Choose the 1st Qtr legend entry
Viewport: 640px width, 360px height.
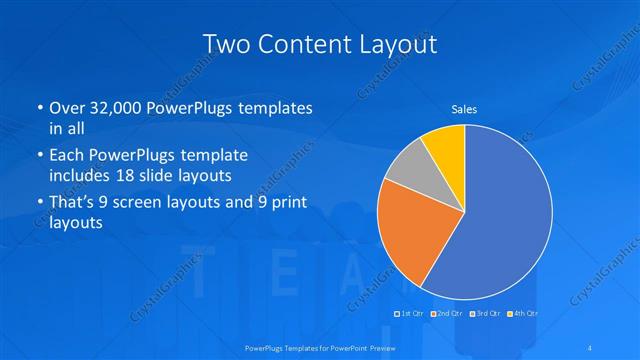(408, 314)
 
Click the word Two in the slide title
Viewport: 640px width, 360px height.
(225, 44)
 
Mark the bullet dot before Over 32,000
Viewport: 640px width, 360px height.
(39, 108)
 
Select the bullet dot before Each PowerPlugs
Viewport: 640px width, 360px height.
(39, 156)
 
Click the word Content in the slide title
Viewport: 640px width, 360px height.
(301, 44)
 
